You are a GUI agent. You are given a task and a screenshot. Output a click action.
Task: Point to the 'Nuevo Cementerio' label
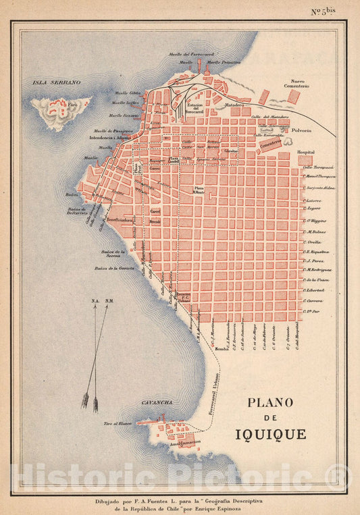300,84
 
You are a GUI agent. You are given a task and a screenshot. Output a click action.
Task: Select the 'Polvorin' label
302,130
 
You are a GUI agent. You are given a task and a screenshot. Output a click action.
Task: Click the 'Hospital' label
306,153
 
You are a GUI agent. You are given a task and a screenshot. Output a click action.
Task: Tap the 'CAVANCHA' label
157,402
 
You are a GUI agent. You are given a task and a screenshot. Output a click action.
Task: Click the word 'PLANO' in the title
270,403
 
